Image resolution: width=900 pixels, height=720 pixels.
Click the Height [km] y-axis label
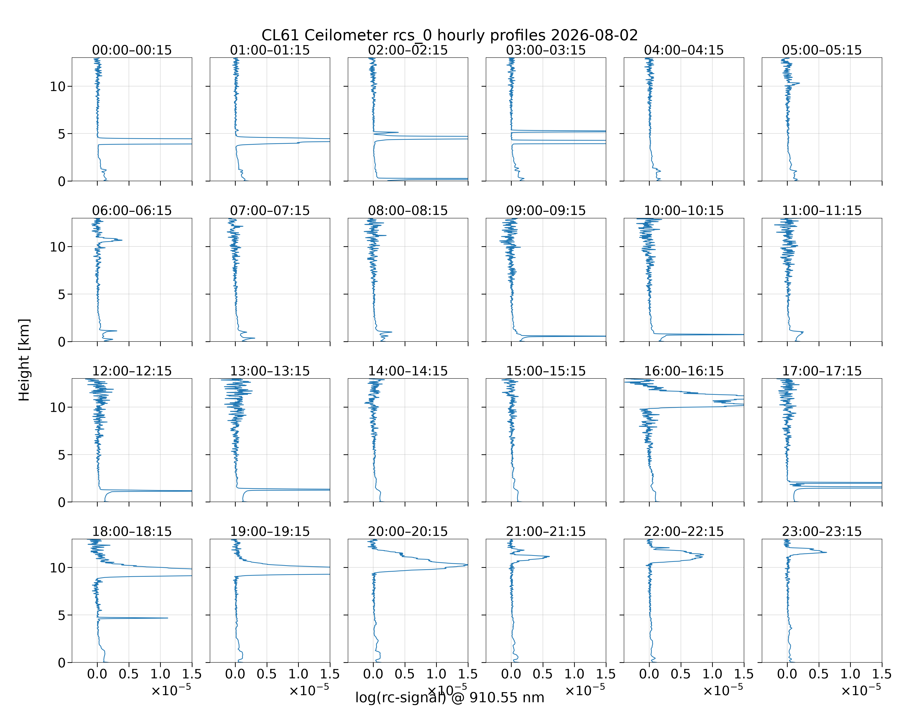coord(24,360)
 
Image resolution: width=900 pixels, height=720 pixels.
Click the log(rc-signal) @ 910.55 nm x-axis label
coord(450,697)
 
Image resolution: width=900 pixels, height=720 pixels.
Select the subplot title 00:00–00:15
coord(132,50)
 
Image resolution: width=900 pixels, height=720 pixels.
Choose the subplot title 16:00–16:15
coord(684,371)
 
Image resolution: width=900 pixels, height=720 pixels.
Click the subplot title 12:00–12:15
coord(132,371)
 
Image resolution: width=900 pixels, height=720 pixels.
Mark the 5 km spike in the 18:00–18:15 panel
coord(167,618)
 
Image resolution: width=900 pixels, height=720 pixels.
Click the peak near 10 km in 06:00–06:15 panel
coord(122,240)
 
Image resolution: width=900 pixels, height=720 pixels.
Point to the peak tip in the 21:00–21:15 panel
coord(549,556)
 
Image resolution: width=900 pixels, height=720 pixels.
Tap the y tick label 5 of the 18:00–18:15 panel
coord(62,615)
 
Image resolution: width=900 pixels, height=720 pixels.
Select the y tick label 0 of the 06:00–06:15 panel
coord(62,342)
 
